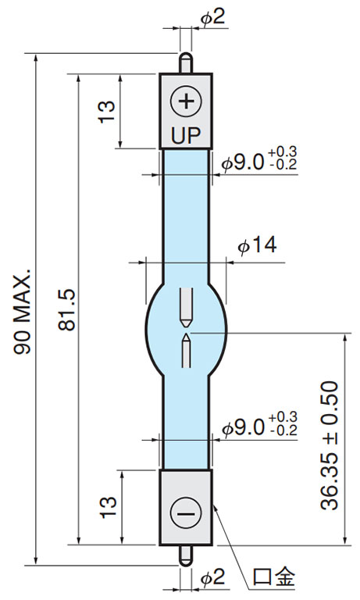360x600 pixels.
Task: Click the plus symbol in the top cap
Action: pos(186,102)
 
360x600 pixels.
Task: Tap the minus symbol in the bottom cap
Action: pos(186,512)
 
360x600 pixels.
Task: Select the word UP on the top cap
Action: pos(186,135)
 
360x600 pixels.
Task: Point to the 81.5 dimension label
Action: pos(67,310)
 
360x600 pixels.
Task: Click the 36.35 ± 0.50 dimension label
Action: pos(330,445)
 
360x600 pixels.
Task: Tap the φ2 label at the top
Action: pos(213,16)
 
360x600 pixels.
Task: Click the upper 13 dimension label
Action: pos(107,112)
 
